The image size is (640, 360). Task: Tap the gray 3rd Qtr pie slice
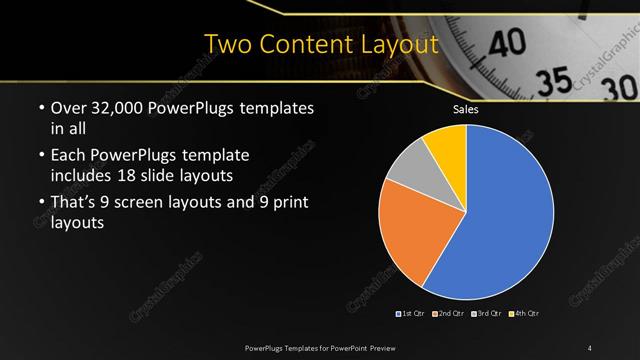pos(409,165)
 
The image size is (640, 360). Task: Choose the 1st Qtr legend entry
pos(413,314)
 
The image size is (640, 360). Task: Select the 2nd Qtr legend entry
pos(451,314)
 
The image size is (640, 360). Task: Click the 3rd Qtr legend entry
pos(488,314)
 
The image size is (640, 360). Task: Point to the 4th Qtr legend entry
pos(525,314)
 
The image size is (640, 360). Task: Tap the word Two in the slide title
pos(228,45)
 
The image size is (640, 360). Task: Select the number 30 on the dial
pos(616,88)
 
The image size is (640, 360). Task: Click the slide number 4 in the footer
pos(590,347)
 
